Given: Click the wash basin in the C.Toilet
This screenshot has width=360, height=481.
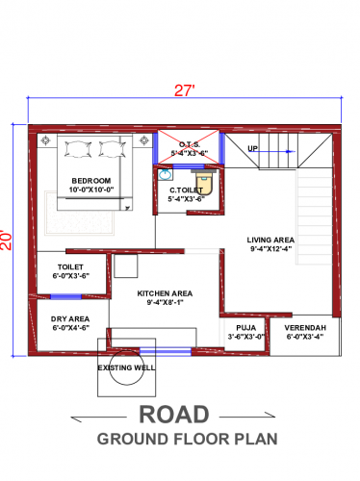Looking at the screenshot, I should [x=165, y=176].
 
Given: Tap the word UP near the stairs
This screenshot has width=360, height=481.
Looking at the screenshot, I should [x=252, y=149].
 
